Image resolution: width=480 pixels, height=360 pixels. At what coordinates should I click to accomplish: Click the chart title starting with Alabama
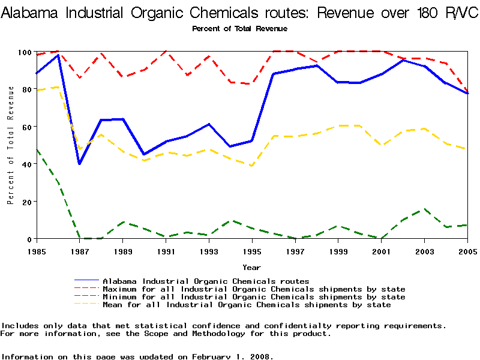239,13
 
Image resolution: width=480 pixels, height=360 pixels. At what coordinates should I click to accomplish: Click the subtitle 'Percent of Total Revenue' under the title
239,29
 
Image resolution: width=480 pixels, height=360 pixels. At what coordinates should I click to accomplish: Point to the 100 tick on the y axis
25,52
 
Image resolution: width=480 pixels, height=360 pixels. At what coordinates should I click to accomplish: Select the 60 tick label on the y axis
25,127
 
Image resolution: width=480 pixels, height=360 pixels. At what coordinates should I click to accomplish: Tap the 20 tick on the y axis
25,202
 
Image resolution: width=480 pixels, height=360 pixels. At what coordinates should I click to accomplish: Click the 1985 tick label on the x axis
37,251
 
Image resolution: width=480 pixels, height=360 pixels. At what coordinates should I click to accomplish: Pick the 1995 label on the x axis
252,251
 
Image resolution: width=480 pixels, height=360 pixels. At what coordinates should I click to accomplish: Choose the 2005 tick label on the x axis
467,251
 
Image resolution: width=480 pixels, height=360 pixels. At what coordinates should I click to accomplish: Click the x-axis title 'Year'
251,267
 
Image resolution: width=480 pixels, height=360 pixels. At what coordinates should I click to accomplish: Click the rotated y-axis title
11,145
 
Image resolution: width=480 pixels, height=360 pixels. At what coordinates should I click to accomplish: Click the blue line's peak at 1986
58,55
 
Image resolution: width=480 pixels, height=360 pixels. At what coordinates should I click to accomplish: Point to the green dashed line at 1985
37,149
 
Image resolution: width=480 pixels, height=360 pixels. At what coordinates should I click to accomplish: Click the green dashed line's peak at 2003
424,209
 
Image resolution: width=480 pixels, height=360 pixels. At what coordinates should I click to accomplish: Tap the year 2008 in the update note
259,356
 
